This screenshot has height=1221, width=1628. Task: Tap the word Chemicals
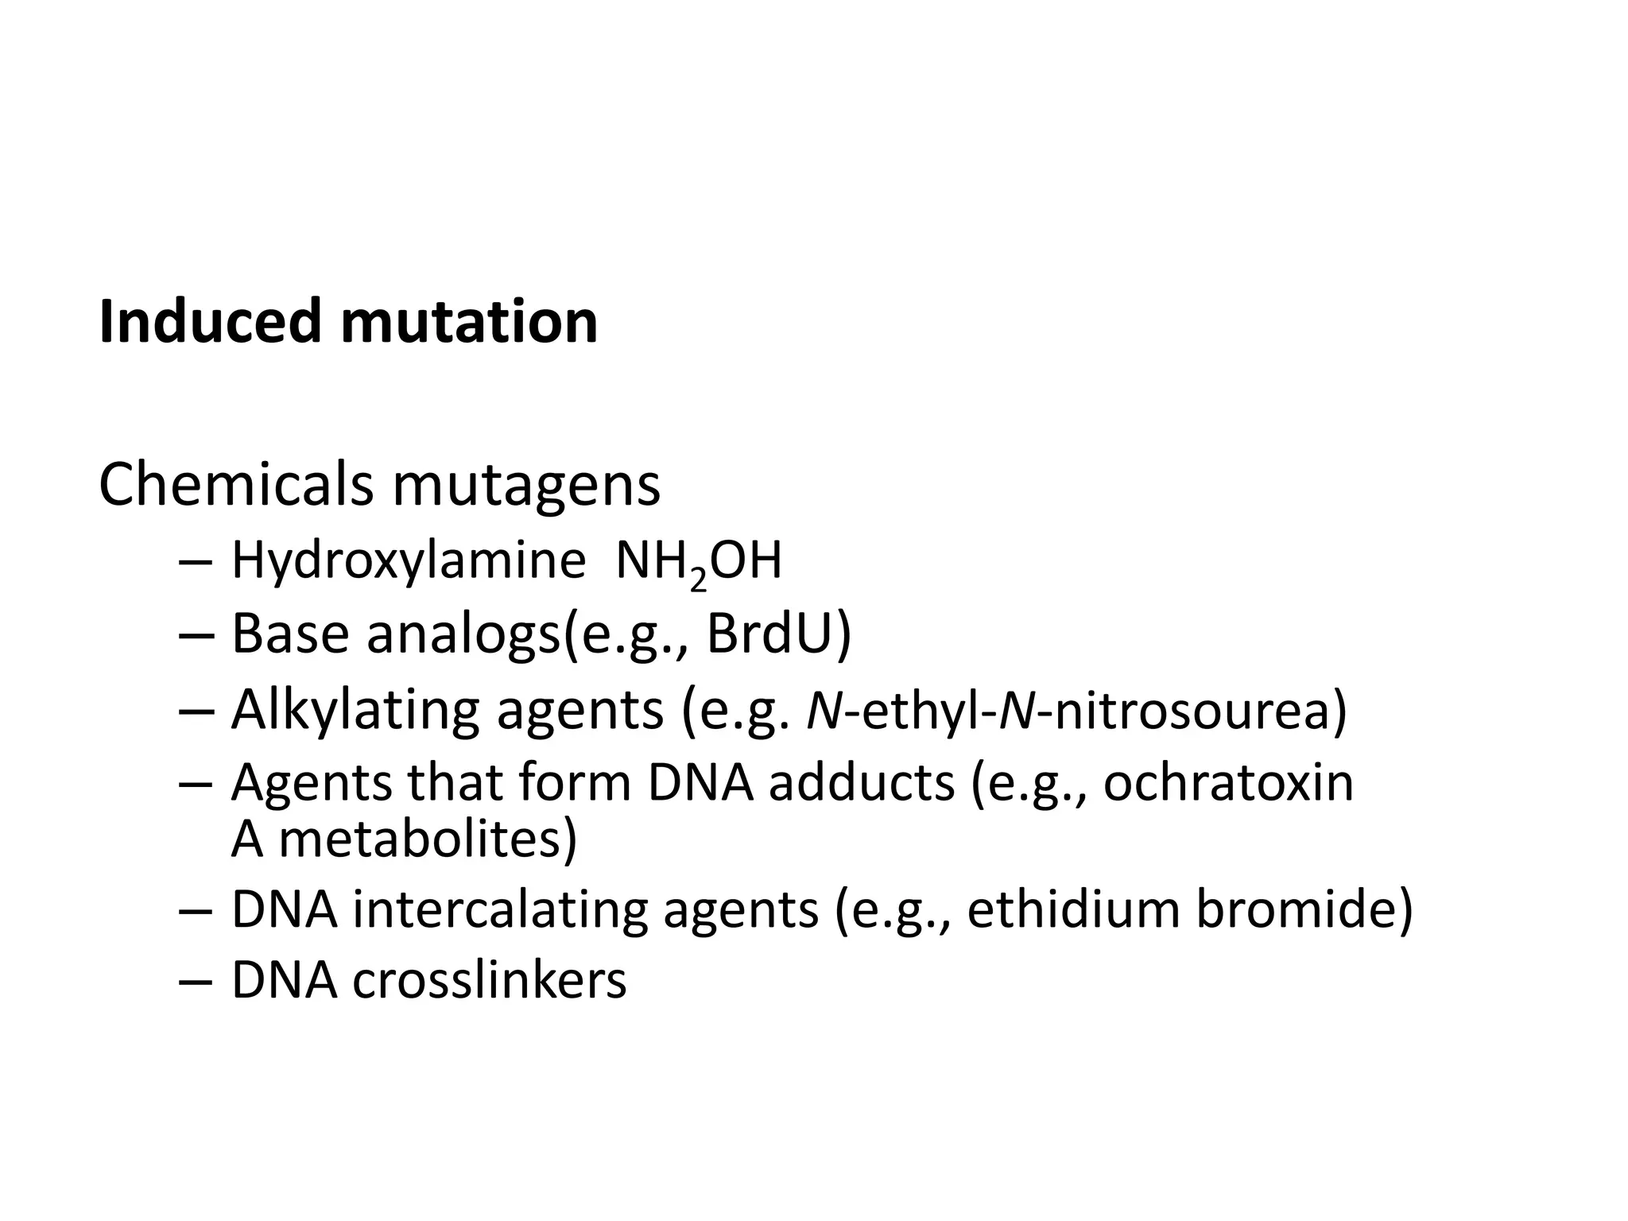pyautogui.click(x=235, y=484)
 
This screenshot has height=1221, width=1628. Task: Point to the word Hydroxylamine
pyautogui.click(x=408, y=561)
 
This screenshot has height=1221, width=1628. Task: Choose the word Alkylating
pyautogui.click(x=355, y=710)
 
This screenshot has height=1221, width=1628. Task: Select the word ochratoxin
pyautogui.click(x=1228, y=782)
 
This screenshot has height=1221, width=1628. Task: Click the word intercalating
pyautogui.click(x=500, y=909)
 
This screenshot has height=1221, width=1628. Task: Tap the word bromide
pyautogui.click(x=1295, y=909)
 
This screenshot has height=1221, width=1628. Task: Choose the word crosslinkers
pyautogui.click(x=489, y=980)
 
